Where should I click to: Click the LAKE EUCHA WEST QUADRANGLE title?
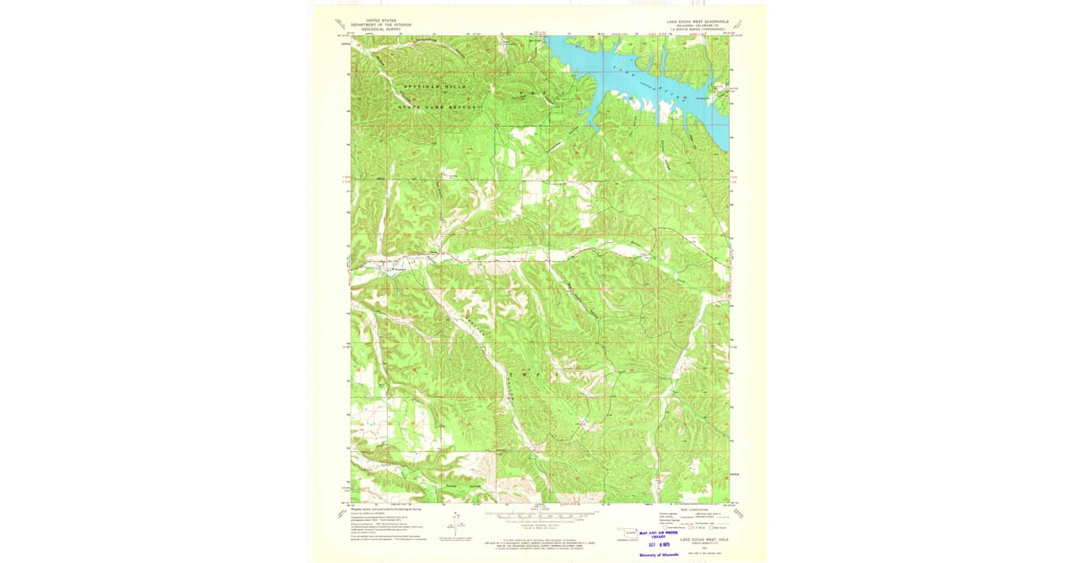pyautogui.click(x=697, y=20)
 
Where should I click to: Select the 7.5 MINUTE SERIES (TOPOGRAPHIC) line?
pyautogui.click(x=697, y=29)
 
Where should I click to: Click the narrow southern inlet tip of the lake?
pyautogui.click(x=595, y=126)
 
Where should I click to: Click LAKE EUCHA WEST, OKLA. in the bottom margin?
pyautogui.click(x=705, y=540)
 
